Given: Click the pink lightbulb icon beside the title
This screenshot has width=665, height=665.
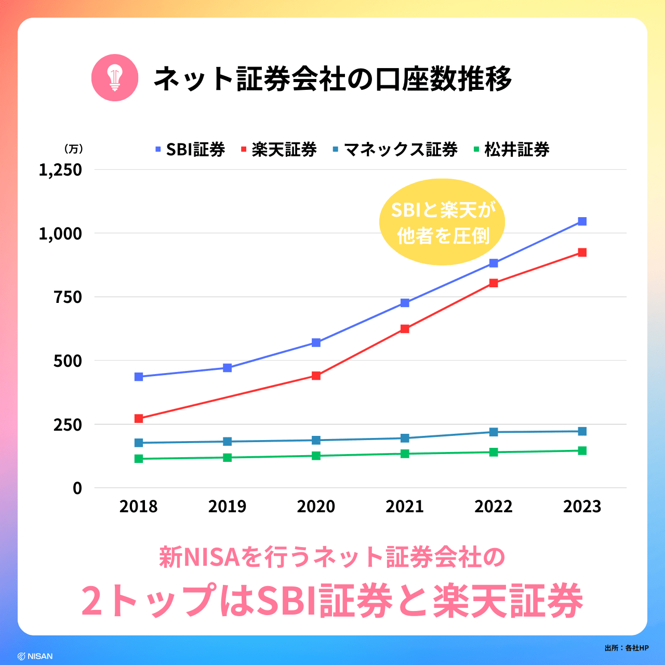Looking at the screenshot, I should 115,78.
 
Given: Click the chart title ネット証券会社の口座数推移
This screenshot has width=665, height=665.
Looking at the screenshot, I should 332,79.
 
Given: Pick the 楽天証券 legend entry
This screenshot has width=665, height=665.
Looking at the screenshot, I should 279,150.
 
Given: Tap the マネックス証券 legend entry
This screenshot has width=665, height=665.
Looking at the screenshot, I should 395,150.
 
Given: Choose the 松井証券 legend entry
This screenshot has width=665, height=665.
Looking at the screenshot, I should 512,150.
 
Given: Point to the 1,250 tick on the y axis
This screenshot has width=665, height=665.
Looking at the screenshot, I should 60,170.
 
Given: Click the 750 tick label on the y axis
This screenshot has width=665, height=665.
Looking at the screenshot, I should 68,297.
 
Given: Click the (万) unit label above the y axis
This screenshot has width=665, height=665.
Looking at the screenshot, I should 73,149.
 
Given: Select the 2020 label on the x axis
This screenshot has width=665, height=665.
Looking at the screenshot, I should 316,507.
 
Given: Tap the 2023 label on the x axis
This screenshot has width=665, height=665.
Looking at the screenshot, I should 582,507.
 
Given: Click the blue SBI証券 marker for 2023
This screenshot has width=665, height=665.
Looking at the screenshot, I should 582,222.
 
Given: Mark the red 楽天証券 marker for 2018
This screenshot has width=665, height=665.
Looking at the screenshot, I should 139,418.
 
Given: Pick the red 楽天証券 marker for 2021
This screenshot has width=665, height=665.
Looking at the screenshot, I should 405,329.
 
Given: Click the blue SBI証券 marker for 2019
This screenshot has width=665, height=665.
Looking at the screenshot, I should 227,368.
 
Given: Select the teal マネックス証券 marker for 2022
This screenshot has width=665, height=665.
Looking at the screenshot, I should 494,432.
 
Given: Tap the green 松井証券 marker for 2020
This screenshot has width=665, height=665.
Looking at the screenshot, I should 316,456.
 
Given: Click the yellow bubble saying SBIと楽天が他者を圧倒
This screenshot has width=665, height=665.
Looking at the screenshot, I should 442,222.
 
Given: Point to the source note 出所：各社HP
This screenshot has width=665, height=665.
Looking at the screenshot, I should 627,648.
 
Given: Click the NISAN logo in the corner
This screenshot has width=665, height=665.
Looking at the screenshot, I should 35,656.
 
